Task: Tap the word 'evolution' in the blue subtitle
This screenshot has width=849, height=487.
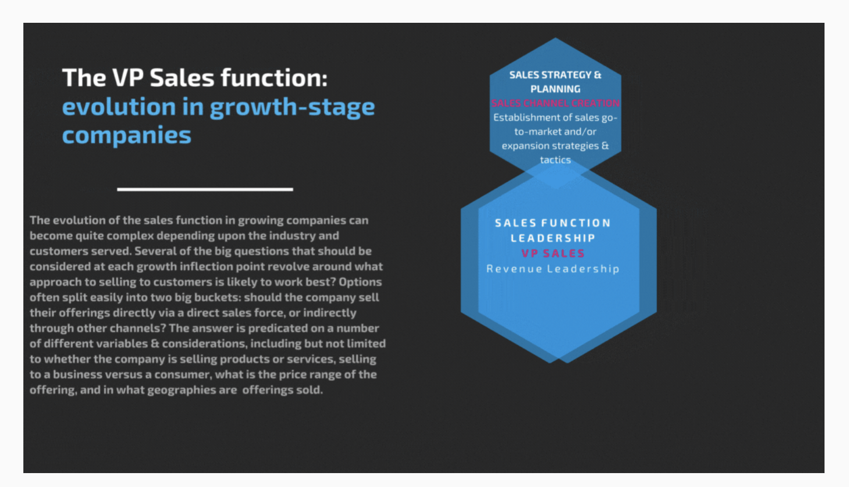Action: click(x=119, y=106)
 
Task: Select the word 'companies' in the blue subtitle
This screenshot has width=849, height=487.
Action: click(x=127, y=136)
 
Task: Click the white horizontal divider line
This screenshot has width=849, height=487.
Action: click(x=205, y=189)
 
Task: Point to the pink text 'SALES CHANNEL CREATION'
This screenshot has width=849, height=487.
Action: click(x=555, y=103)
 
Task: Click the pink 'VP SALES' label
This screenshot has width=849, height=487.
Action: click(x=553, y=254)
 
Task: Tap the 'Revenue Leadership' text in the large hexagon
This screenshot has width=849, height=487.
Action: click(x=553, y=269)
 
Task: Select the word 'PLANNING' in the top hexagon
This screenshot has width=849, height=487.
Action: click(x=555, y=89)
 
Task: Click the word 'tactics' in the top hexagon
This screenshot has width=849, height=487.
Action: click(x=555, y=160)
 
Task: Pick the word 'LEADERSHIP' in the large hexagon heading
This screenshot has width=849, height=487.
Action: click(x=553, y=238)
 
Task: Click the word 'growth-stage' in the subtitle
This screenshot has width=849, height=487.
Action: click(x=292, y=107)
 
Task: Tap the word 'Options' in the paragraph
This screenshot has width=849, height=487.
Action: click(x=361, y=282)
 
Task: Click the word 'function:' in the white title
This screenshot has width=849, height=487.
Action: click(x=274, y=78)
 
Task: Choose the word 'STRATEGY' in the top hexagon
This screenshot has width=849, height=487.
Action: click(x=566, y=75)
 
